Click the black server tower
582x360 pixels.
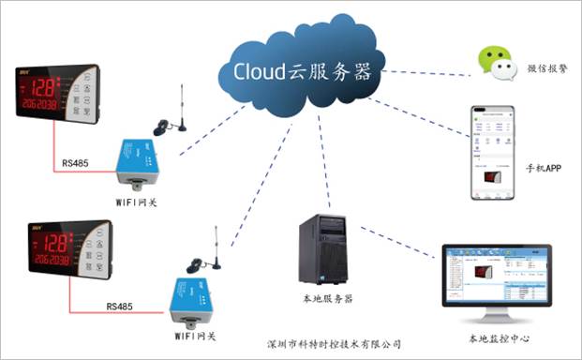(323, 248)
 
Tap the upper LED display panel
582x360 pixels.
(58, 94)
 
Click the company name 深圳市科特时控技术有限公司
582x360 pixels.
(333, 344)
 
